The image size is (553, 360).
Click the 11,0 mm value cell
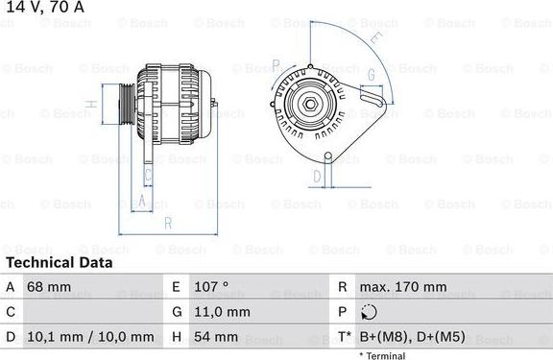point(222,312)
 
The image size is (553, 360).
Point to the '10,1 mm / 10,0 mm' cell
point(92,337)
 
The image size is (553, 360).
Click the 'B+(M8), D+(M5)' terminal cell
point(414,337)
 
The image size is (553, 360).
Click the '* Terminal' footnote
point(383,355)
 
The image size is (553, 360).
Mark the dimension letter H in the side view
point(89,105)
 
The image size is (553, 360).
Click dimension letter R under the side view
point(167,224)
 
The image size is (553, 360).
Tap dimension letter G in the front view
point(372,74)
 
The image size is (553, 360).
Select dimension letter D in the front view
point(316,177)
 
